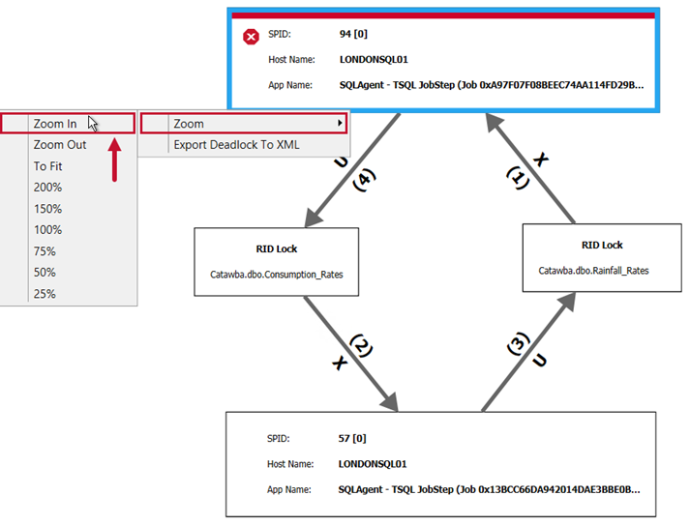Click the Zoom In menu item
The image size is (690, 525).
(55, 124)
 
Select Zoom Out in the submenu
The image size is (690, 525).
(60, 145)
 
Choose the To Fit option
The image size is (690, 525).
(47, 166)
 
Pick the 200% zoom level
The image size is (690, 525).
(47, 188)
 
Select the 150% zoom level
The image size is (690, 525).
(47, 209)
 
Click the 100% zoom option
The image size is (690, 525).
(47, 230)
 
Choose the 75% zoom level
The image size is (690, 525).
(45, 251)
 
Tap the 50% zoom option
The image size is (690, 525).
(45, 273)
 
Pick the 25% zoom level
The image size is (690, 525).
(45, 294)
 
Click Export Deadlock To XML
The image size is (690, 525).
(236, 145)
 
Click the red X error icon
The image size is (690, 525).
(251, 37)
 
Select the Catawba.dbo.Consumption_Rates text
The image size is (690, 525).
(277, 275)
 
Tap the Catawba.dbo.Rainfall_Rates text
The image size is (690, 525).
(594, 271)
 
